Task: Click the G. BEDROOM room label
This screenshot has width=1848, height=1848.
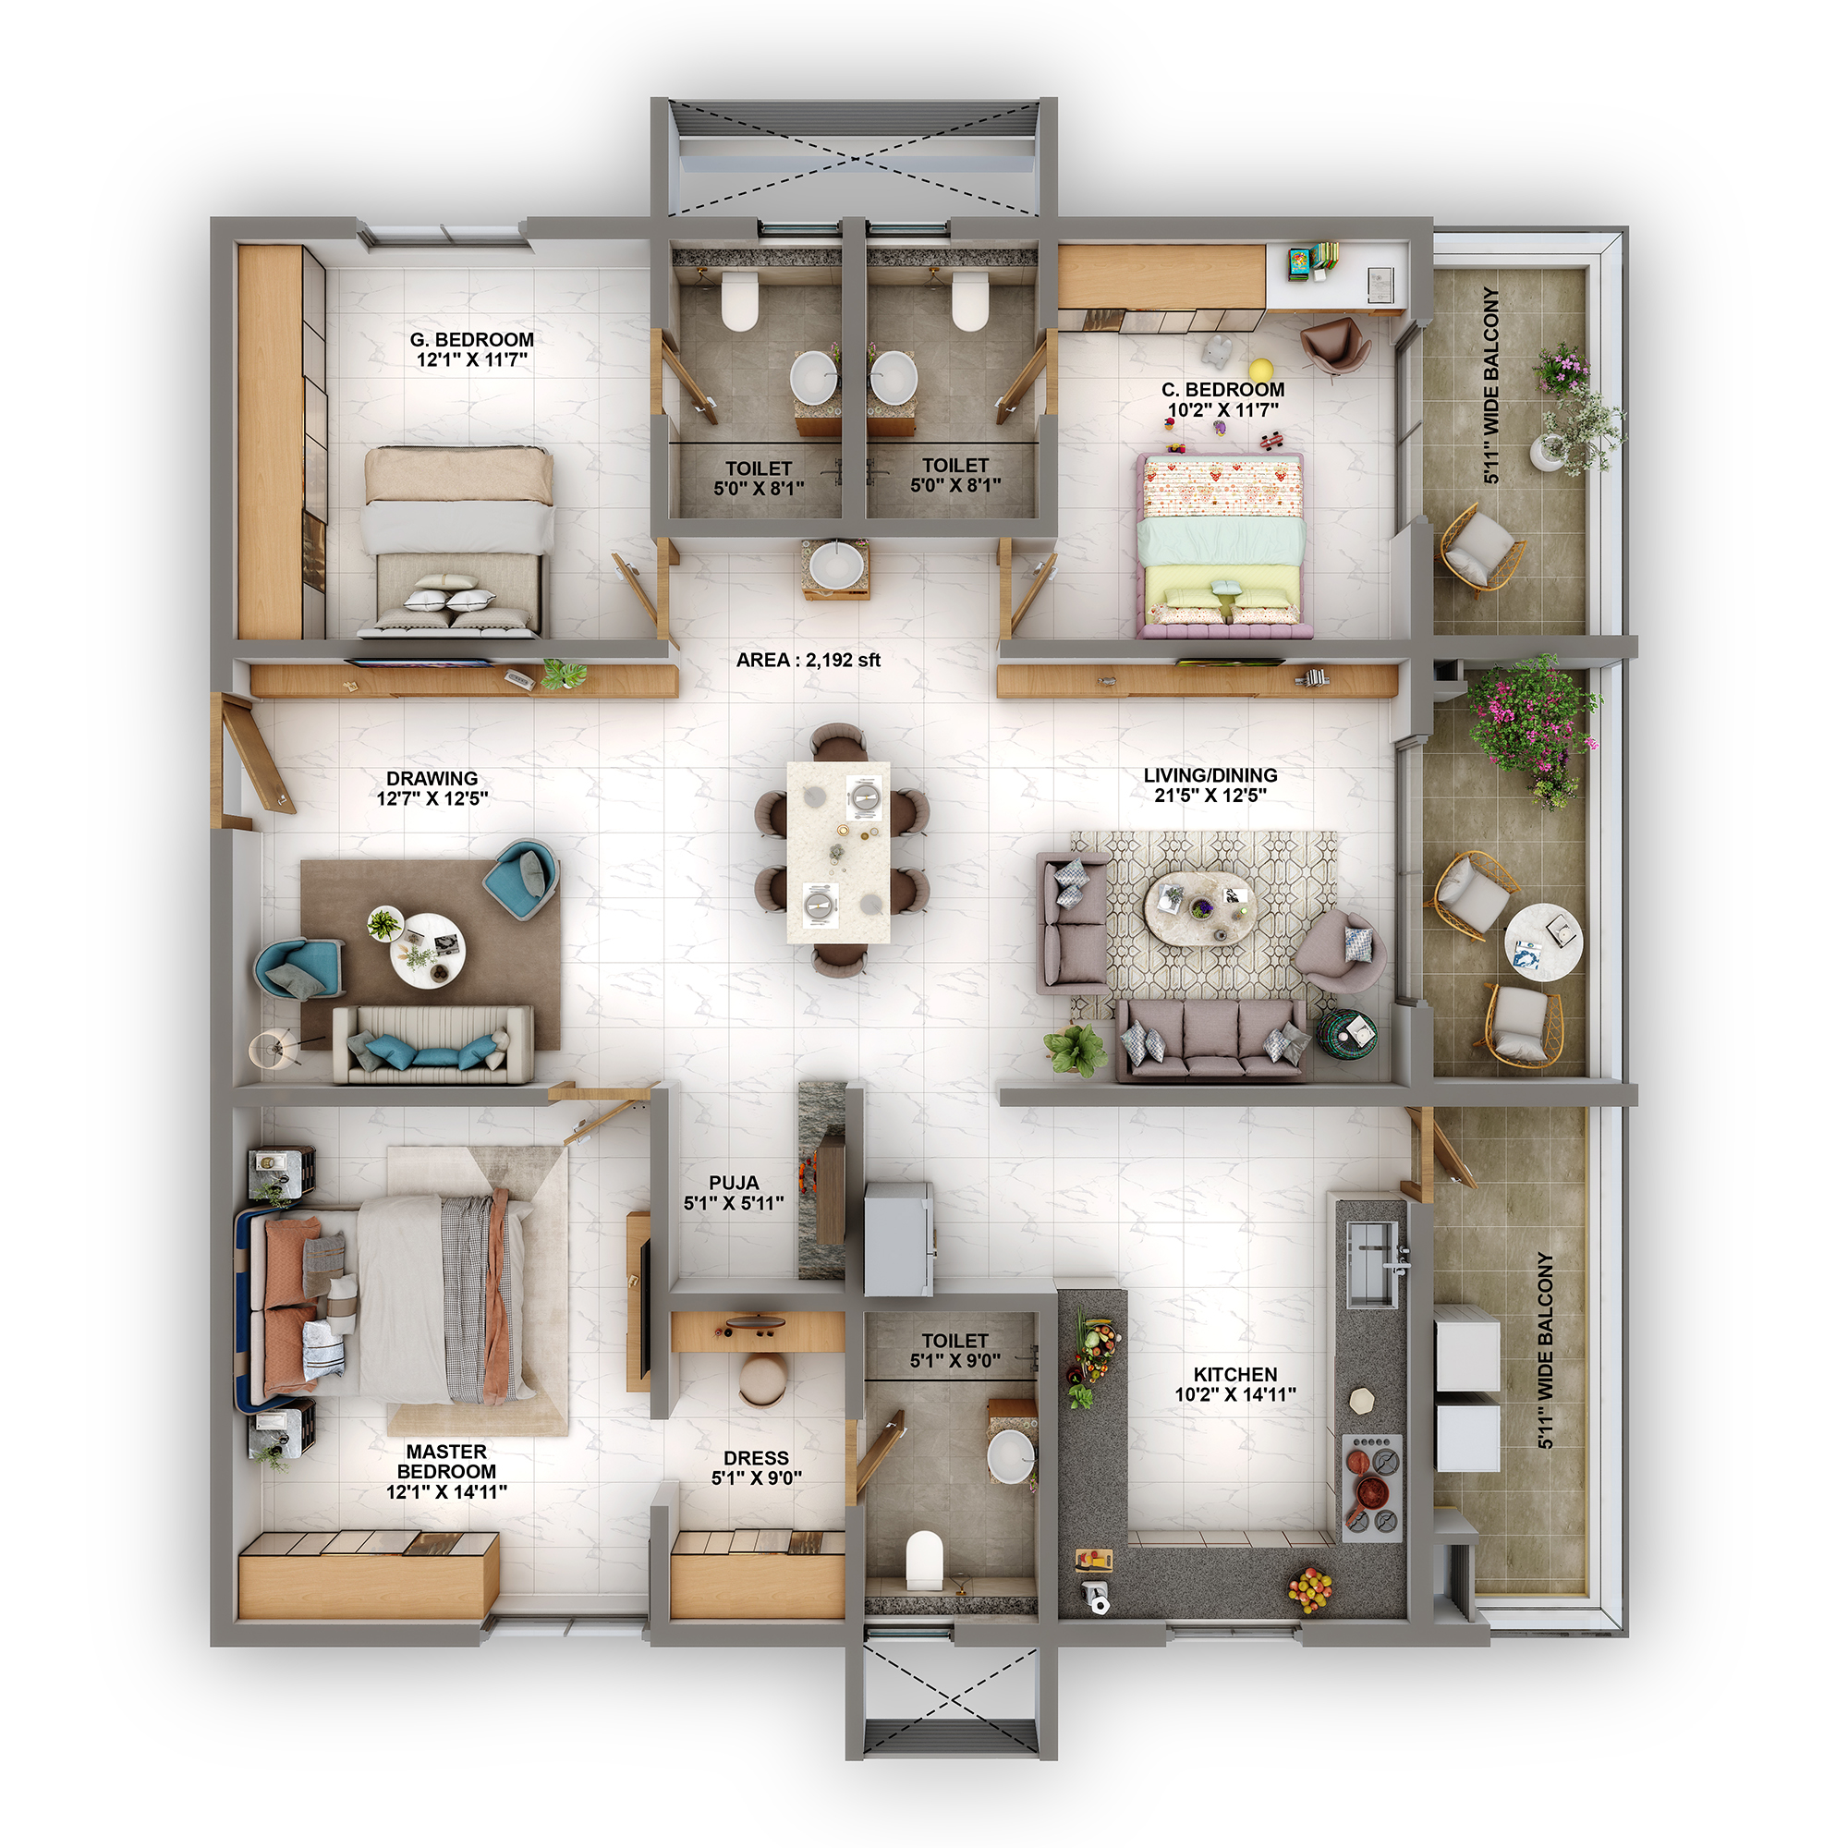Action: pos(471,339)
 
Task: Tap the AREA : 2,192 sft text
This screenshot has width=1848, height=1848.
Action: pos(808,660)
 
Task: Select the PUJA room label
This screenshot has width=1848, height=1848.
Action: pos(734,1183)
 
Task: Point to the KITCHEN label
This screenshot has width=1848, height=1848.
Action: pos(1234,1375)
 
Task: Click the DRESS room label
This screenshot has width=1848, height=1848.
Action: pos(756,1458)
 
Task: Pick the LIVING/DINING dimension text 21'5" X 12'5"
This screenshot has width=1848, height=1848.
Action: pos(1210,795)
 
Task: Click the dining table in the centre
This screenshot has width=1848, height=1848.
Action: pos(838,851)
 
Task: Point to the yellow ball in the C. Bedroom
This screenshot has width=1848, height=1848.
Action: pos(1260,370)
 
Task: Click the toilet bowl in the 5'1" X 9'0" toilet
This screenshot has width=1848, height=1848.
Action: pos(924,1559)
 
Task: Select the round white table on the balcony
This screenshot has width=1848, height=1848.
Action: pos(1542,942)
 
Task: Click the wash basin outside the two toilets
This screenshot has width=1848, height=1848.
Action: pos(836,566)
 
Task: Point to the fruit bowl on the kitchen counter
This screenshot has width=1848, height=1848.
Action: pos(1309,1588)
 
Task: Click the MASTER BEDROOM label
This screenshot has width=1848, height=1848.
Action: pos(445,1471)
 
